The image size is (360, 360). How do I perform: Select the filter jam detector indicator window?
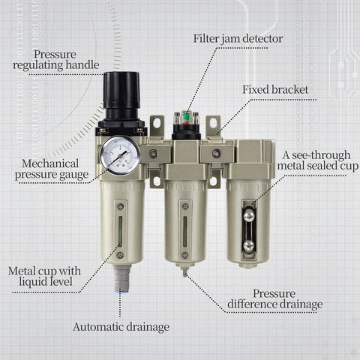coord(183,118)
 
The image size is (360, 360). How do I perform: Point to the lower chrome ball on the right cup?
coord(248,245)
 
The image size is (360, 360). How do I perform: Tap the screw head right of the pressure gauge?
coord(154,154)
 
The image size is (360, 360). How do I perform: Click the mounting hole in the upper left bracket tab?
coord(157,123)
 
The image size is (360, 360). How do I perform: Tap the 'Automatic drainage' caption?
coord(121,327)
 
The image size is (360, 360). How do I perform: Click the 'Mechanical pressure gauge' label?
coord(51,169)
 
